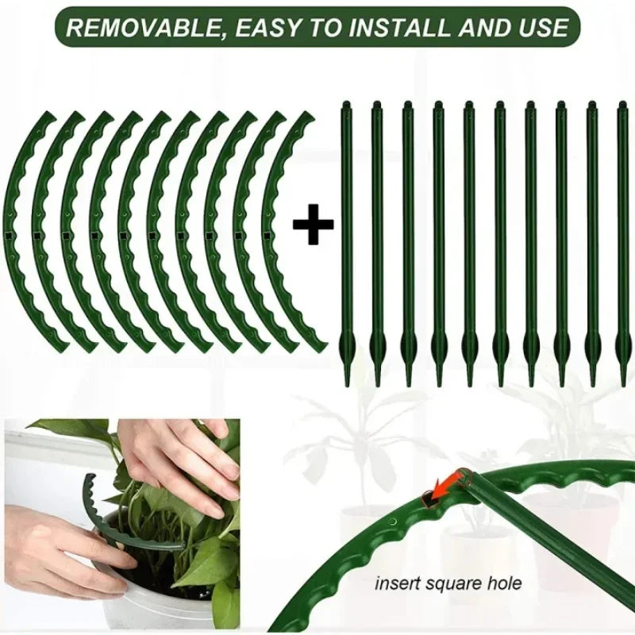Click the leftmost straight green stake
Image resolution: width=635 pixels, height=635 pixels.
346,238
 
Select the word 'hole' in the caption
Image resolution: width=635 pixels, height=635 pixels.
504,583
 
